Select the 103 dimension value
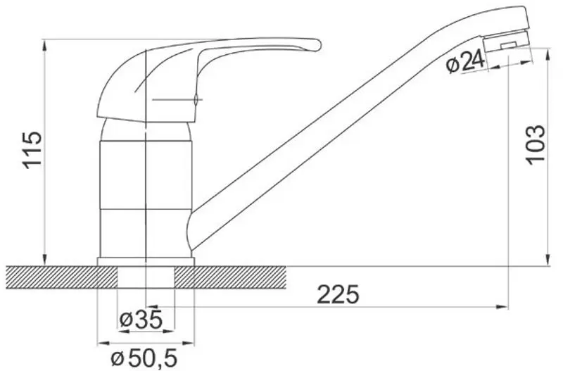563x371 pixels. click(x=536, y=144)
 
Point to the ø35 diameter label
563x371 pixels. click(x=141, y=320)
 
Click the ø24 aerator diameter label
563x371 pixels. click(x=466, y=63)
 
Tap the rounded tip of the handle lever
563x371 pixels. click(x=315, y=44)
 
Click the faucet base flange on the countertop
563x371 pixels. click(x=146, y=262)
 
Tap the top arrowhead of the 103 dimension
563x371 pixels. click(x=549, y=53)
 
